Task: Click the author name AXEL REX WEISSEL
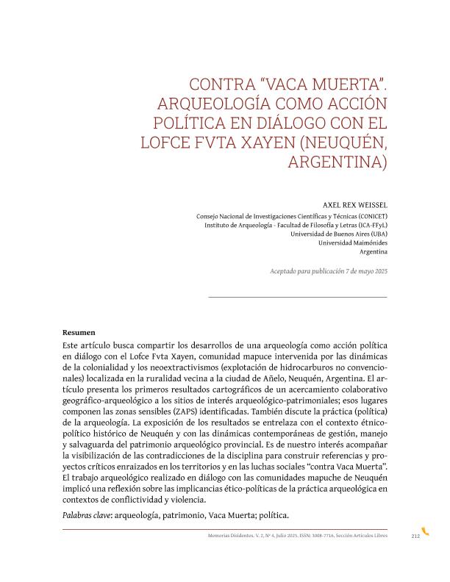point(355,206)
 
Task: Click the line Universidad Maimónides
point(352,242)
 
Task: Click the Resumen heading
point(79,332)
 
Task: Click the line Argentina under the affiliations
point(374,251)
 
